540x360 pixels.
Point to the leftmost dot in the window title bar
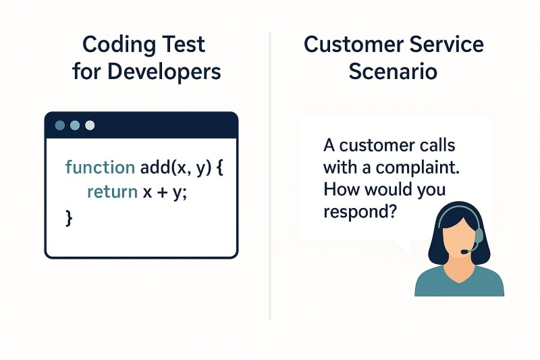coord(59,125)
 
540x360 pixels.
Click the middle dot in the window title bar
coord(74,125)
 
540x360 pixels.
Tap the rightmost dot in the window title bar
coord(89,125)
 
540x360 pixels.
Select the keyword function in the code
coord(90,167)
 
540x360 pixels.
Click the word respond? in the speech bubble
coord(358,211)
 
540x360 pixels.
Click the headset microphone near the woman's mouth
coord(464,252)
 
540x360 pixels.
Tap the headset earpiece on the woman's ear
coord(479,235)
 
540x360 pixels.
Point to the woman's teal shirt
coord(459,282)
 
